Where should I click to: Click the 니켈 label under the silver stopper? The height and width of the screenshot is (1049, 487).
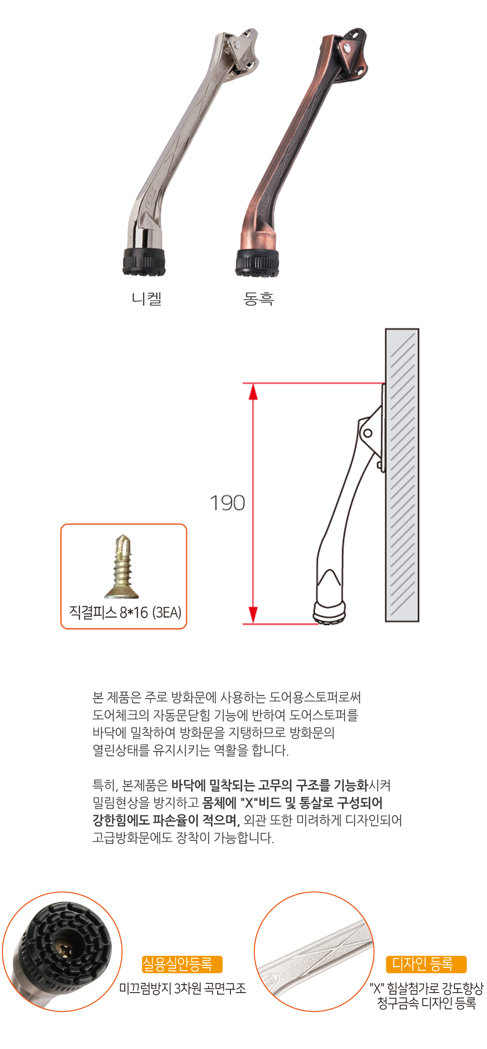[147, 298]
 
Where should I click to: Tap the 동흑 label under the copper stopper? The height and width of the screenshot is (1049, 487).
[259, 298]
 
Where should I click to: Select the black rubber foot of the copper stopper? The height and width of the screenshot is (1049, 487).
[258, 263]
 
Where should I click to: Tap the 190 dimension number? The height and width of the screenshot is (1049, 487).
[227, 503]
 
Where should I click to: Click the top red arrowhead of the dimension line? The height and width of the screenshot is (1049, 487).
[253, 391]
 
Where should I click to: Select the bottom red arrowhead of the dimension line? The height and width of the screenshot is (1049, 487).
[253, 615]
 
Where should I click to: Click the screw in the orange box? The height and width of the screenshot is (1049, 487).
[122, 567]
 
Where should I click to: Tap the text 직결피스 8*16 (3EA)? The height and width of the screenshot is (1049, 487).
[125, 612]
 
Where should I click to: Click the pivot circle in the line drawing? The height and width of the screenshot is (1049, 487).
[368, 433]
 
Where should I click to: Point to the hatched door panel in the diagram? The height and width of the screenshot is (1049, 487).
[402, 475]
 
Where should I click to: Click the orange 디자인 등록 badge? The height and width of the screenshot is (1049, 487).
[426, 964]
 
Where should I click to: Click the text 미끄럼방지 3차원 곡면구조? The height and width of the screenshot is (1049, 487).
[183, 988]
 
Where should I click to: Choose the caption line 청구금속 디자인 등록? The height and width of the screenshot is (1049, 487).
[427, 1003]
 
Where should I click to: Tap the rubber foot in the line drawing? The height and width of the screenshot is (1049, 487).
[330, 613]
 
